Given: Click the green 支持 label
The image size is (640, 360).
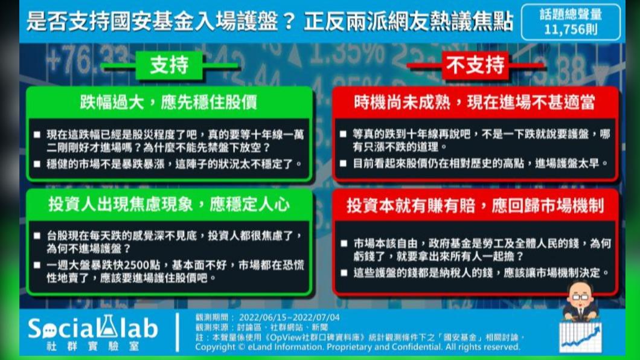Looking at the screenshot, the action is [x=169, y=65].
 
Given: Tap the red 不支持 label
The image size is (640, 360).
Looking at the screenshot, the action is [x=475, y=65].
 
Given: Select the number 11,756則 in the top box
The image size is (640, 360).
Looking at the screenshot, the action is [x=571, y=30].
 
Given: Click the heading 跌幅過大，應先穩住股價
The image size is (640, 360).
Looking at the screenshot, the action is [x=168, y=103].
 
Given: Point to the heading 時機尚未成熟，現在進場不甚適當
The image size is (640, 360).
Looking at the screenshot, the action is [x=475, y=103].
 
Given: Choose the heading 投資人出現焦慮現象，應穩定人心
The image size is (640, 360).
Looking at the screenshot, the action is [x=169, y=204].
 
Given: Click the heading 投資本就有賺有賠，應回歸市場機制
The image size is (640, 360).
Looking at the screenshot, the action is [x=475, y=205].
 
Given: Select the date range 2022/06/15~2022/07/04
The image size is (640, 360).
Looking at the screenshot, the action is [x=289, y=318].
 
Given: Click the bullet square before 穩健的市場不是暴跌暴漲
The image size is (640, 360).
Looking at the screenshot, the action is [x=37, y=164].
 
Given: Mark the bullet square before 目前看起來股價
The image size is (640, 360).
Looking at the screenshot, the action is [x=344, y=164].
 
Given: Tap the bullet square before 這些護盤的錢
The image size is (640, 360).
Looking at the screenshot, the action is [x=344, y=272].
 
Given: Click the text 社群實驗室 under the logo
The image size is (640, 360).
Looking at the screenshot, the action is [x=92, y=347].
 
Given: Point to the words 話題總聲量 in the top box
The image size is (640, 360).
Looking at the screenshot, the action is [x=571, y=14].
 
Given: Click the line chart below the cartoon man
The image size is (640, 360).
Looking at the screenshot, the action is [x=580, y=337].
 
